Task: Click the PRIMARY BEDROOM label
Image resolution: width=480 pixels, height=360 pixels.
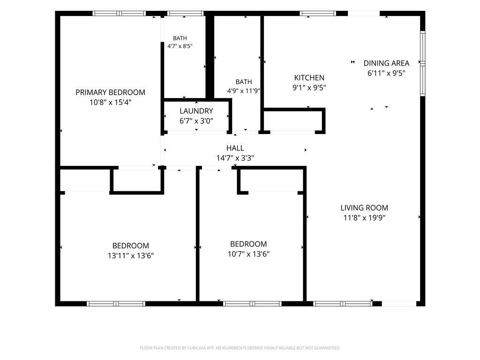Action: coord(110,92)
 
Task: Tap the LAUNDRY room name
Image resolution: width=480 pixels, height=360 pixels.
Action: coord(196,111)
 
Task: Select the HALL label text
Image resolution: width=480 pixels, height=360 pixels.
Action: coord(235,148)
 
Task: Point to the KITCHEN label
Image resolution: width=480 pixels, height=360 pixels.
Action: coord(309,78)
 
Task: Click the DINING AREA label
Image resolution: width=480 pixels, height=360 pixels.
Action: coord(386,63)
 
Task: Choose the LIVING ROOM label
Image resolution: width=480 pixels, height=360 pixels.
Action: coord(364,208)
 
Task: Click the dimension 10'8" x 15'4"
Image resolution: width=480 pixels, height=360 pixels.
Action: coord(110,102)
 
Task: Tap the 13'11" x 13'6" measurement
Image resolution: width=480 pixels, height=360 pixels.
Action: coord(131,255)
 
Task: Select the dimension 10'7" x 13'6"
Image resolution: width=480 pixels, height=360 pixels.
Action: coord(248,254)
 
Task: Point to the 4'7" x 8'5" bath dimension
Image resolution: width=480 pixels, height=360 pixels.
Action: coord(180,46)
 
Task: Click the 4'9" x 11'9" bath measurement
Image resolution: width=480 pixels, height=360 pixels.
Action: coord(244,91)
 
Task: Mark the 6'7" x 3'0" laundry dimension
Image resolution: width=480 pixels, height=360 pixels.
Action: coord(196,121)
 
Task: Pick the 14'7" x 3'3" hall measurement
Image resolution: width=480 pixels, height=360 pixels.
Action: coord(235,158)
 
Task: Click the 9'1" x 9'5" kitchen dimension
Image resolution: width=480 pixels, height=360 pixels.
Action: coord(309,88)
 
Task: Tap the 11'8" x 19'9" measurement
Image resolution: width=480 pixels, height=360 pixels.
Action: coord(364,218)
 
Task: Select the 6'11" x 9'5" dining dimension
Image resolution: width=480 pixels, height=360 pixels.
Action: coord(386,74)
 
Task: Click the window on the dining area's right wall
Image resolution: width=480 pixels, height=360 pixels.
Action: coord(422,63)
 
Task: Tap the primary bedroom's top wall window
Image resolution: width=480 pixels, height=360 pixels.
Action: coord(119,14)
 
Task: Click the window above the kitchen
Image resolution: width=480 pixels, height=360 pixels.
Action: coord(318,14)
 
